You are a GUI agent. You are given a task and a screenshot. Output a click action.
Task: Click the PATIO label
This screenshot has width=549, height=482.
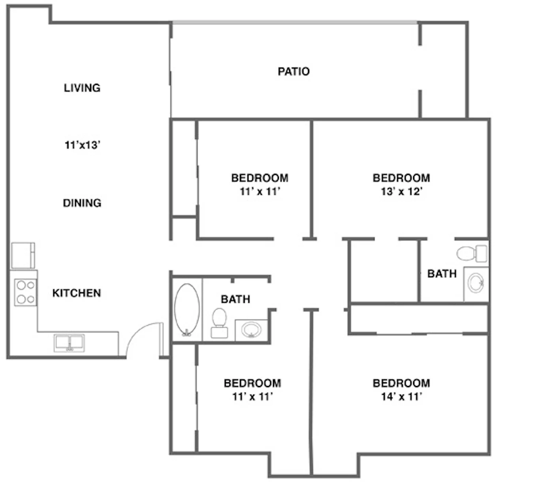[x=293, y=72]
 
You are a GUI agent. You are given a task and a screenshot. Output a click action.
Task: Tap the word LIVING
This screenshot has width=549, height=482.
[x=82, y=88]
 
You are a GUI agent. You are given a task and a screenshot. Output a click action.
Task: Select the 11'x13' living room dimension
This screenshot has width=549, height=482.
[x=82, y=145]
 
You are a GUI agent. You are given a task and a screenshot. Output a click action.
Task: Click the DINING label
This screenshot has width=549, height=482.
[x=82, y=203]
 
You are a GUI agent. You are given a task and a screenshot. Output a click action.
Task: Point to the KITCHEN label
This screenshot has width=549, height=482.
[x=77, y=293]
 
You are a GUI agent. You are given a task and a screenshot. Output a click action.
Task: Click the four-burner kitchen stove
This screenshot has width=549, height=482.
[x=25, y=292]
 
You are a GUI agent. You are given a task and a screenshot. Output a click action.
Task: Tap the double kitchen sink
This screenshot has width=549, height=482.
[x=69, y=343]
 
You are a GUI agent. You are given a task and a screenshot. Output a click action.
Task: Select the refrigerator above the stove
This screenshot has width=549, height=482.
[x=23, y=256]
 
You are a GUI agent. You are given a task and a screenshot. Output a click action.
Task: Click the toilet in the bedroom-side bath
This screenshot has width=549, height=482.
[x=472, y=253]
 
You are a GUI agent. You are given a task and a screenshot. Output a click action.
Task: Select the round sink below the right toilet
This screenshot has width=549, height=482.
[x=476, y=284]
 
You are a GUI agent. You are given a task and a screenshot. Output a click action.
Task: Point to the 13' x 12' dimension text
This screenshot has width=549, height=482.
[x=402, y=192]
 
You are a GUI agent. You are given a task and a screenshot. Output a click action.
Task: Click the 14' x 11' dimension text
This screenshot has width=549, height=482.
[x=402, y=396]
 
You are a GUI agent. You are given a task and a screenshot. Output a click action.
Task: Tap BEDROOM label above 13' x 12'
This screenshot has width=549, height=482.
[x=401, y=178]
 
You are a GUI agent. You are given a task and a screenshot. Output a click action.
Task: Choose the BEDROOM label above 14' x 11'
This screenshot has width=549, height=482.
[x=401, y=383]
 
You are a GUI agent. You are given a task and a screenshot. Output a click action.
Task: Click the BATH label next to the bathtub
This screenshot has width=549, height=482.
[x=235, y=299]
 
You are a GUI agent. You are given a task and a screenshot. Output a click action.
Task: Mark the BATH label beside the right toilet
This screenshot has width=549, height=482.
[x=442, y=274]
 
